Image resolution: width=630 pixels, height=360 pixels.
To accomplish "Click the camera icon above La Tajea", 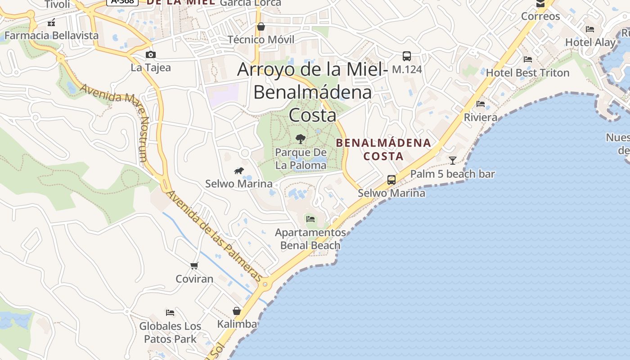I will [x=151, y=55].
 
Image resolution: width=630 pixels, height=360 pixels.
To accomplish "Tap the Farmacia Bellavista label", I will [x=51, y=35].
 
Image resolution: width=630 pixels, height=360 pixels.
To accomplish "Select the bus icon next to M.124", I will [x=407, y=56].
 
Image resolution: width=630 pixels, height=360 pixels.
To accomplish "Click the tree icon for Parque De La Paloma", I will [x=301, y=139].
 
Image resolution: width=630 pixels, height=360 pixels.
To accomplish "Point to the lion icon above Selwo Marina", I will [x=239, y=171].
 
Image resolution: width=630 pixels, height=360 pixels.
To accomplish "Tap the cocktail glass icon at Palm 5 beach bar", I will [x=453, y=160].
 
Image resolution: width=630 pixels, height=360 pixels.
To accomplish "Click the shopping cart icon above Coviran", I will [x=194, y=265].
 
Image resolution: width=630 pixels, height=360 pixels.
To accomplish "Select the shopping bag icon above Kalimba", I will [x=237, y=311].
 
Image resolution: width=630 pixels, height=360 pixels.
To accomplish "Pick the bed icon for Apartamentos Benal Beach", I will [x=310, y=219].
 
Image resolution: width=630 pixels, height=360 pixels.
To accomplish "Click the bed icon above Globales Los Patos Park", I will [x=170, y=312].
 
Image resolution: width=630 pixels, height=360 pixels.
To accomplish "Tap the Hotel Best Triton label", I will [x=527, y=72].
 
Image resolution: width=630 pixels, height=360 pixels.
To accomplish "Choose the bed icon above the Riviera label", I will [x=481, y=104].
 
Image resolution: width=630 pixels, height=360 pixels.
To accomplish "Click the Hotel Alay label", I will [x=590, y=42].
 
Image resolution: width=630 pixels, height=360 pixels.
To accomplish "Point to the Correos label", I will [x=540, y=16].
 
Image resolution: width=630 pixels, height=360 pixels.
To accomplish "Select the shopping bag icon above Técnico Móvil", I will [x=261, y=27].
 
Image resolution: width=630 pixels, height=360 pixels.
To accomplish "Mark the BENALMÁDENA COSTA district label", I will [x=384, y=149].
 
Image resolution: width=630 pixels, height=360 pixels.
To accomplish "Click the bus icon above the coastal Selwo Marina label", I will [x=391, y=180].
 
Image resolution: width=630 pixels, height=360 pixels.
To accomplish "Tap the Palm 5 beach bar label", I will [x=452, y=174].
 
